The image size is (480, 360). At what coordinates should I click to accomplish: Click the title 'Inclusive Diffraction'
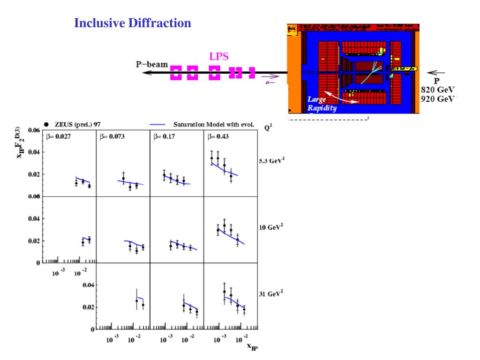133,23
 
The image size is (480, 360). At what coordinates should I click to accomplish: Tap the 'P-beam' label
152,64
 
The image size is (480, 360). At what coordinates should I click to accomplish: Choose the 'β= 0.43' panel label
220,136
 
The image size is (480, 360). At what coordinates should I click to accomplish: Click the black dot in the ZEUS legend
46,124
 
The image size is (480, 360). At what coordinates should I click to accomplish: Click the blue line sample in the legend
158,125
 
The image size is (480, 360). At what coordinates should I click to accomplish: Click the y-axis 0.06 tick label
34,130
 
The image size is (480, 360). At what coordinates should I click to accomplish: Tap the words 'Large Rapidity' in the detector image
320,104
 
